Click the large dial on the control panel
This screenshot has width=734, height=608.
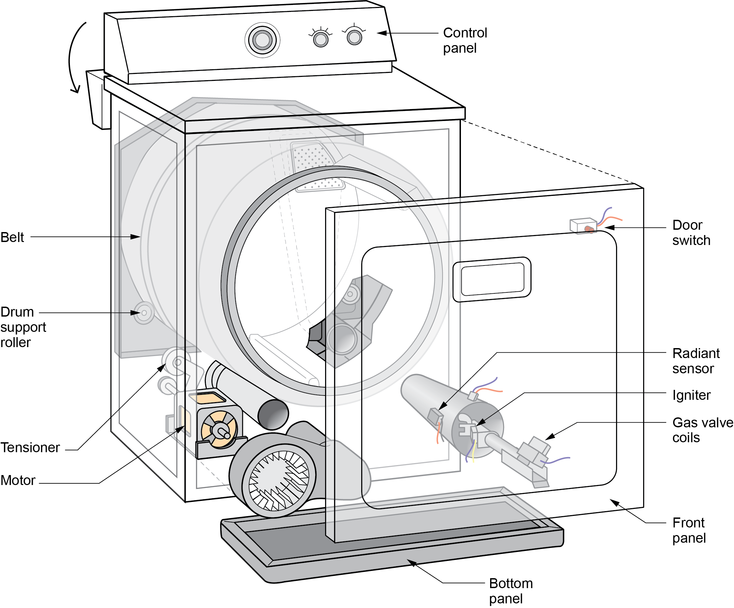(x=262, y=40)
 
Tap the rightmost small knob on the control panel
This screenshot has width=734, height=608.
(x=354, y=37)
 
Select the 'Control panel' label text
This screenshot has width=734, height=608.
(x=465, y=40)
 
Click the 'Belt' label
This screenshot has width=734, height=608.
(x=12, y=237)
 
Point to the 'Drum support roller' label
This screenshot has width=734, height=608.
(x=23, y=327)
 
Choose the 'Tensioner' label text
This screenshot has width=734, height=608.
(x=30, y=448)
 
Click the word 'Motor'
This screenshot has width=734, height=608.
(x=18, y=480)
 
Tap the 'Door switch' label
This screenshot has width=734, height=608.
(x=691, y=232)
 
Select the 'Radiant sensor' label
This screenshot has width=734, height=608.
(x=696, y=361)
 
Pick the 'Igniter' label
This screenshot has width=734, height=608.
(x=691, y=395)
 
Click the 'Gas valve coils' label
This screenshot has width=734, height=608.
(x=702, y=430)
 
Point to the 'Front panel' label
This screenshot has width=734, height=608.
(x=689, y=530)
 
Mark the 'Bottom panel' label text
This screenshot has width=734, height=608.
(x=510, y=591)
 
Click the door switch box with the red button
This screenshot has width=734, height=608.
(x=583, y=225)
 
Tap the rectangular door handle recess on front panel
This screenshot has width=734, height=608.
(x=492, y=279)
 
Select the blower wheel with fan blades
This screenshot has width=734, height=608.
(x=279, y=480)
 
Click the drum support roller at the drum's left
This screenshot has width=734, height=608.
(x=144, y=313)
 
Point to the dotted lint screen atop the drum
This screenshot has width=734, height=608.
(x=313, y=161)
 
